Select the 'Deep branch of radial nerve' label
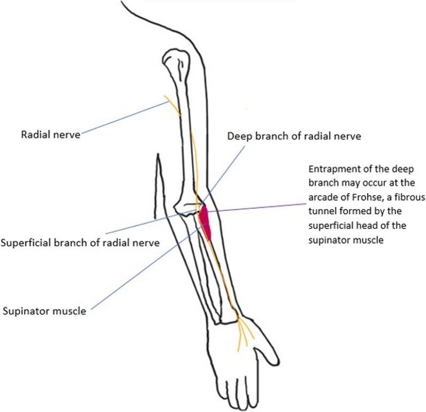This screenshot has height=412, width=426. pos(294,136)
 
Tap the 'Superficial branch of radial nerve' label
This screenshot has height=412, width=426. pos(80,243)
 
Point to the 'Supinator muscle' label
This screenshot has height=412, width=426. pos(44,310)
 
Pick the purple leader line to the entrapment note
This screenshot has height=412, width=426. pos(257,207)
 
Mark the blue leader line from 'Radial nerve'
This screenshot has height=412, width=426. pos(123,118)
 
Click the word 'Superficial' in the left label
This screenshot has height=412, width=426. pos(24,243)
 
